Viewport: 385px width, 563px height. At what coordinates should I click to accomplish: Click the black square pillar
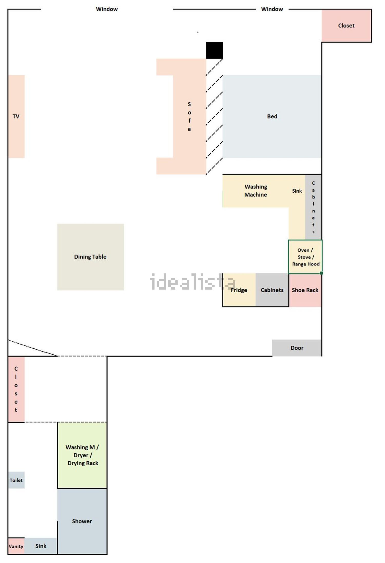[x=214, y=51]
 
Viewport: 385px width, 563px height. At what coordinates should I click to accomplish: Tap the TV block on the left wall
[x=16, y=116]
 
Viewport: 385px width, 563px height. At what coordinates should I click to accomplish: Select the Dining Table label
[x=90, y=257]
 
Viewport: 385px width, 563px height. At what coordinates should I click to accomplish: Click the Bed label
[x=272, y=116]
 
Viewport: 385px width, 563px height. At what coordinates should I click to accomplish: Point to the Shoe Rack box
[x=305, y=290]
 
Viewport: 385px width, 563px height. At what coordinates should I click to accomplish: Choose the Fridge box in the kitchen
[x=239, y=290]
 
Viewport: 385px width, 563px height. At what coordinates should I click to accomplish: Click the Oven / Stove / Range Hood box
[x=305, y=257]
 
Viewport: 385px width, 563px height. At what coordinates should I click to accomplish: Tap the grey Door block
[x=297, y=348]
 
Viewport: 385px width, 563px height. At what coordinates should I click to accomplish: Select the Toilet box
[x=16, y=480]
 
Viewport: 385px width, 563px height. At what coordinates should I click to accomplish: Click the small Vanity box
[x=16, y=546]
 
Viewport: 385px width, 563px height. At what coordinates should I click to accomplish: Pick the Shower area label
[x=82, y=521]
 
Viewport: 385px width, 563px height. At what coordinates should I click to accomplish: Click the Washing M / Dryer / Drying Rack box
[x=82, y=455]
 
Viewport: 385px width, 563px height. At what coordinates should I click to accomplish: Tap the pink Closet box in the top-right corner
[x=346, y=26]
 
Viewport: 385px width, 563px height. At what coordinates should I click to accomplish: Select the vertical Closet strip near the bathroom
[x=16, y=389]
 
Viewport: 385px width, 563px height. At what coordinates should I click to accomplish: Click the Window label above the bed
[x=272, y=9]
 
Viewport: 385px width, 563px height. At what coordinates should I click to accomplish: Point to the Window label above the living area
[x=107, y=9]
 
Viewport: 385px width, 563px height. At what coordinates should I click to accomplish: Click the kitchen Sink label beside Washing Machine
[x=297, y=191]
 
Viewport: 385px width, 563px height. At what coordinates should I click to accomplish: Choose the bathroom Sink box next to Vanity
[x=41, y=546]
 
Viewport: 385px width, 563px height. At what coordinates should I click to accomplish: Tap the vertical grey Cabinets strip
[x=313, y=207]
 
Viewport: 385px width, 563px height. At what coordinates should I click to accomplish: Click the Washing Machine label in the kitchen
[x=256, y=191]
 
